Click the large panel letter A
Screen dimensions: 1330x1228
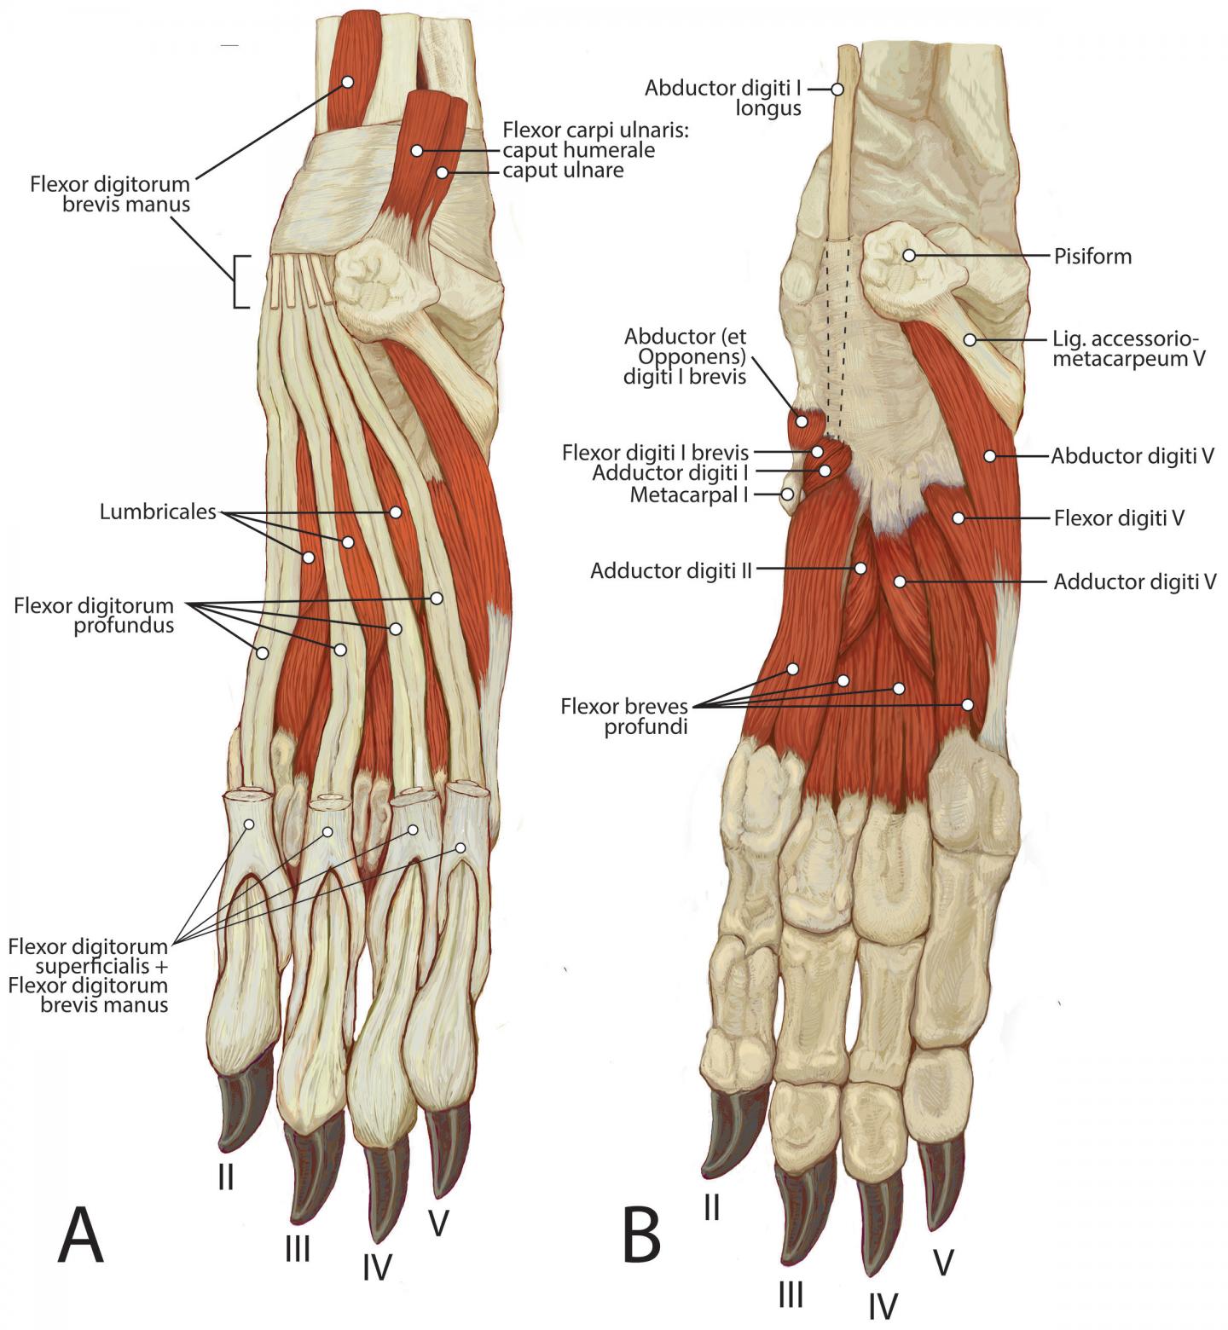(x=81, y=1236)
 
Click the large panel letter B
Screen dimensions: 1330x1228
(x=641, y=1236)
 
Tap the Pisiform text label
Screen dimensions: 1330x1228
(x=1092, y=256)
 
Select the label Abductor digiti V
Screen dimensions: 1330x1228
(x=1132, y=456)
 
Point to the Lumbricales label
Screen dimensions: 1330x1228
(x=158, y=512)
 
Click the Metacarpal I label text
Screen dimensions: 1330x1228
(x=688, y=494)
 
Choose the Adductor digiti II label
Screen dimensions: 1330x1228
(x=671, y=570)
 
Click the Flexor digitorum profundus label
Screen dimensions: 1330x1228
(x=94, y=616)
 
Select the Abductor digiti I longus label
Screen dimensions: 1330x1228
(x=723, y=98)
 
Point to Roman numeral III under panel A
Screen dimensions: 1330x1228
(x=298, y=1249)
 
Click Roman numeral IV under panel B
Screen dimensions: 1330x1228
(x=883, y=1305)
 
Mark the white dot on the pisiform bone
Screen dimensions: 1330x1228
(x=909, y=255)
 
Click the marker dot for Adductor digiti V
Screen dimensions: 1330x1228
(x=900, y=581)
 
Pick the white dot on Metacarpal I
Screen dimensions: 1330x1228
(x=788, y=494)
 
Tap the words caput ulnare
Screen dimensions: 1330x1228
(x=563, y=171)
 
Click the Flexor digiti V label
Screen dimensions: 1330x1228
(x=1119, y=518)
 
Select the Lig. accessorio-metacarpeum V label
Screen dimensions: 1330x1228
(x=1128, y=349)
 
